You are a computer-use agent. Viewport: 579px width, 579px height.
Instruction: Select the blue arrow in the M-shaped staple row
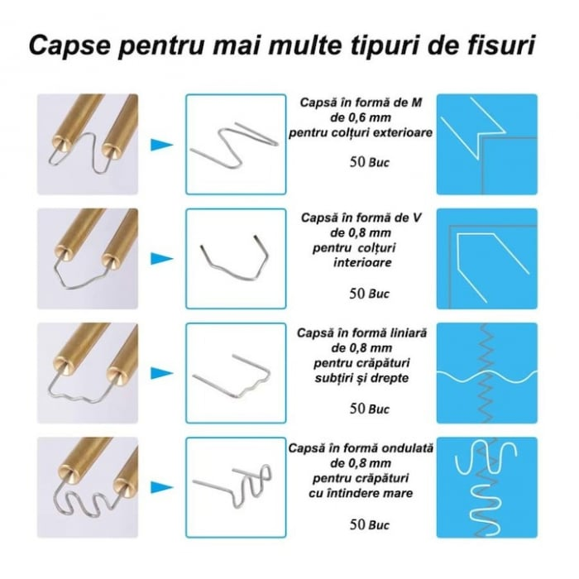pos(162,145)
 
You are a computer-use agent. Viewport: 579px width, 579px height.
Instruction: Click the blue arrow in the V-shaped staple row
pos(162,259)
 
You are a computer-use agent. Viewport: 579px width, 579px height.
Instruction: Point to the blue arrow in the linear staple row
pos(162,373)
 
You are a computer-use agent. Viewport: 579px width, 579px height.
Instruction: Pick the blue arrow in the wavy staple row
pos(162,487)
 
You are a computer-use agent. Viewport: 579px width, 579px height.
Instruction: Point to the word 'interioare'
pos(362,262)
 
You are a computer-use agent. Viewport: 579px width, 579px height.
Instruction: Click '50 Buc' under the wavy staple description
pos(369,524)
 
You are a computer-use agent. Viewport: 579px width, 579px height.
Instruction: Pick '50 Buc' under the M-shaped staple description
pos(369,162)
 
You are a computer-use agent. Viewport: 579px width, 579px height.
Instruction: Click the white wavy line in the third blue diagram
pos(486,376)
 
